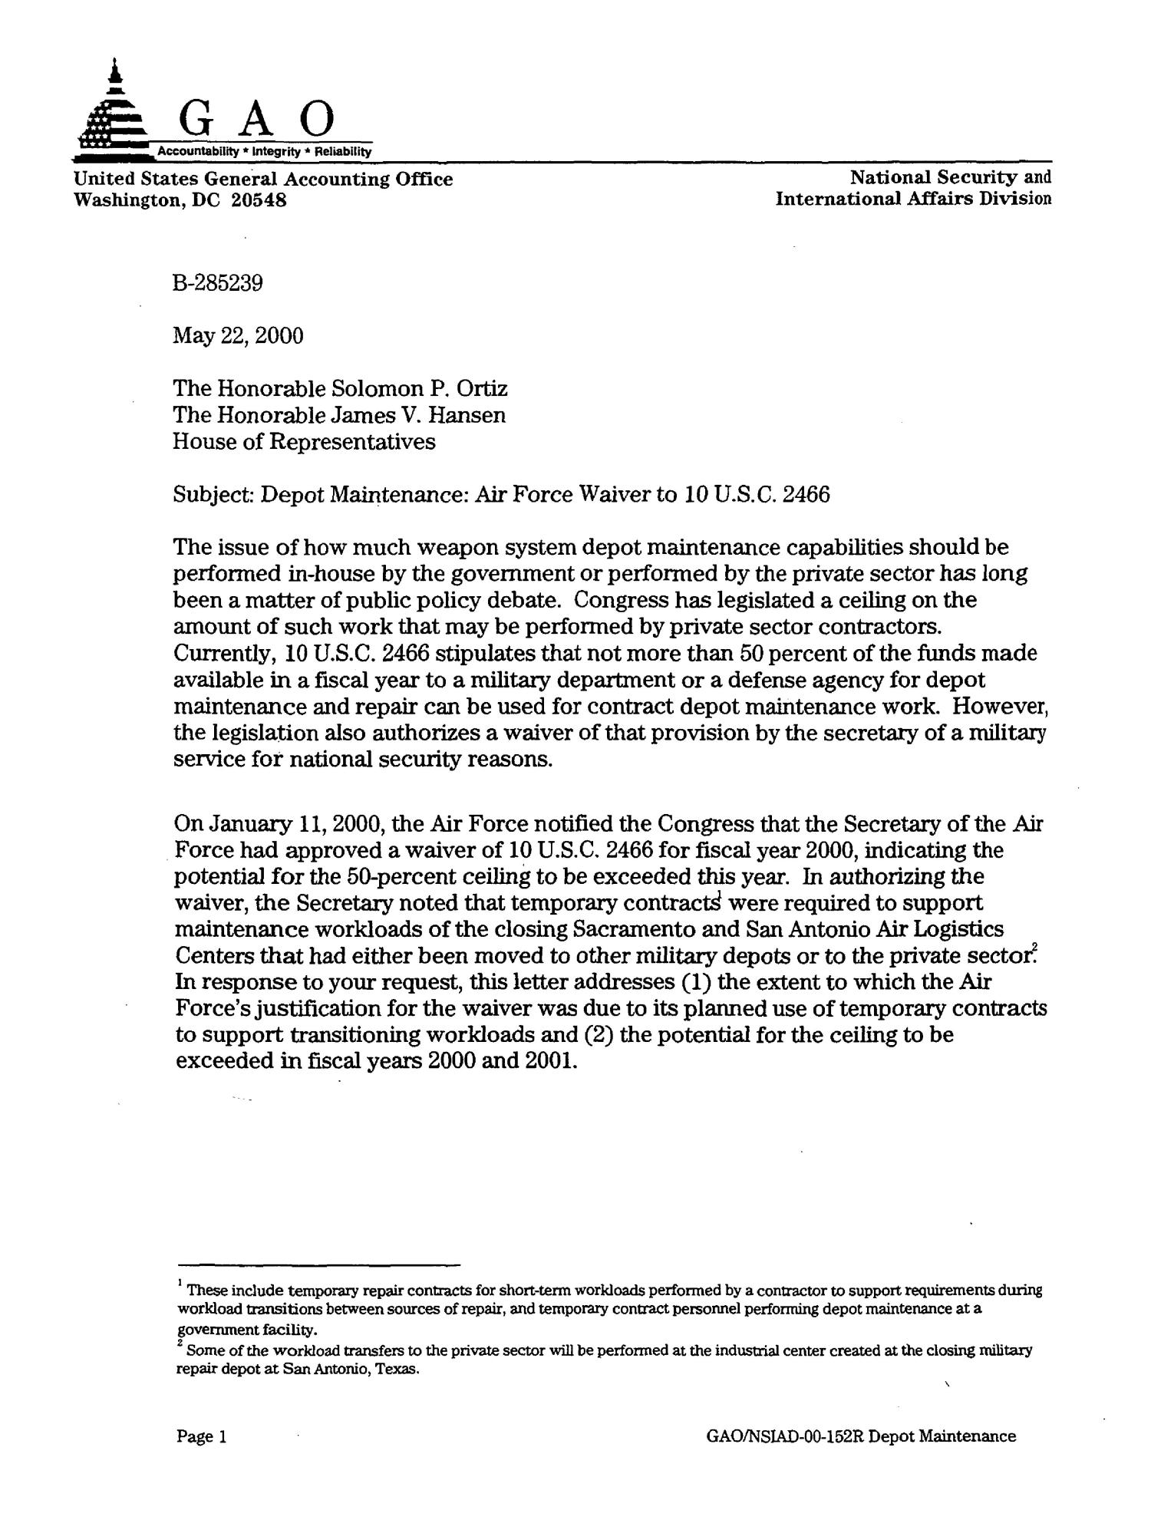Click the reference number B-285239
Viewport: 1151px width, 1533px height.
point(219,283)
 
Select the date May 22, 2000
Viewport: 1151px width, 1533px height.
point(239,336)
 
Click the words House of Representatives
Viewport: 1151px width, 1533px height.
point(305,442)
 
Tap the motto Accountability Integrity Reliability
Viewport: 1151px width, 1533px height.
point(264,152)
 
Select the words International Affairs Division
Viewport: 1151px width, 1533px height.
point(912,199)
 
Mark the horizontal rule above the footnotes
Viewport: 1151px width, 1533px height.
point(318,1264)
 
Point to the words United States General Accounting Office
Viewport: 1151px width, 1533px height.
point(263,180)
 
